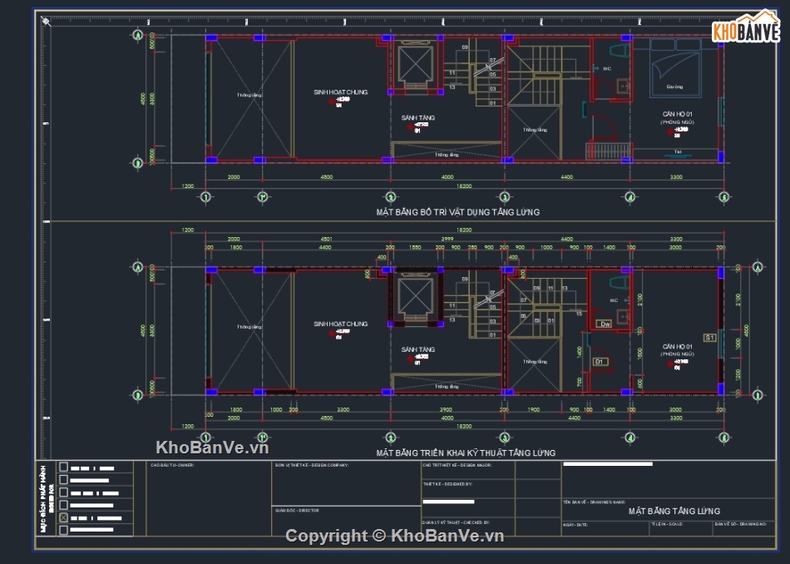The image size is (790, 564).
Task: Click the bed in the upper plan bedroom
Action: (674, 67)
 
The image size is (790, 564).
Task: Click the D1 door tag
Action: (600, 362)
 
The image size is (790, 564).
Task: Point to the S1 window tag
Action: (709, 338)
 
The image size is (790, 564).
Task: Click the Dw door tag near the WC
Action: (605, 324)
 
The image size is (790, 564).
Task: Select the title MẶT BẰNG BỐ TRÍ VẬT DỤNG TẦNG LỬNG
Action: (457, 212)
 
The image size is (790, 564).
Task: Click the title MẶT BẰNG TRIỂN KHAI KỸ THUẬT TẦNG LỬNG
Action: (466, 453)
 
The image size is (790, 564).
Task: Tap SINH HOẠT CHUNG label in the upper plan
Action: (340, 92)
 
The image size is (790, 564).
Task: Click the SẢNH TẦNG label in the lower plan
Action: (417, 349)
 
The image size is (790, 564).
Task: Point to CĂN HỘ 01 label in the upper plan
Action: (677, 114)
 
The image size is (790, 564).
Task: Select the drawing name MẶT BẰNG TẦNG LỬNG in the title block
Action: (674, 511)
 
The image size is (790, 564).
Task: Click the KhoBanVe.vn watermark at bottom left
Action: (212, 447)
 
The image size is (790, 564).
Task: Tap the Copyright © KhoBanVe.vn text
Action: (395, 536)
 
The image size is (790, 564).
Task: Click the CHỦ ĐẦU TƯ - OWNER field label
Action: (173, 466)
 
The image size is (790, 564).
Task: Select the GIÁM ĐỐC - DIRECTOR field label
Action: (297, 510)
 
